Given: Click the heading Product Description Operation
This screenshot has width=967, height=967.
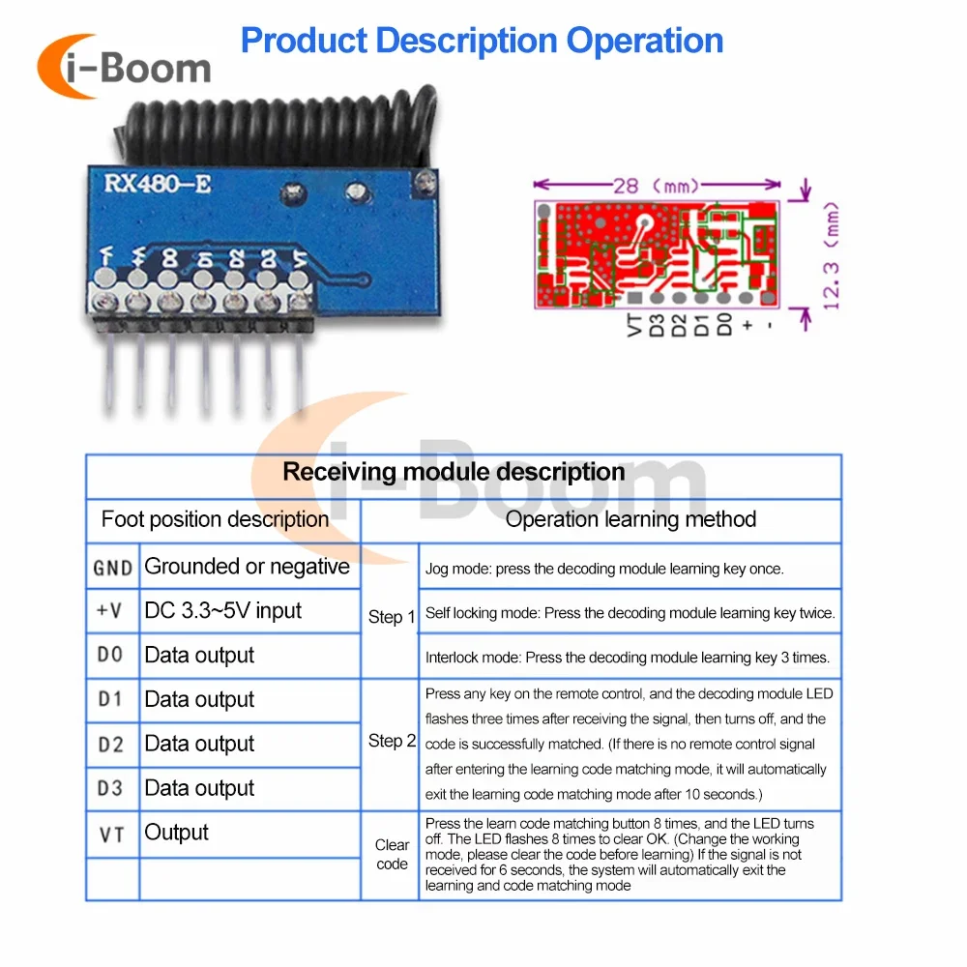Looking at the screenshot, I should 482,41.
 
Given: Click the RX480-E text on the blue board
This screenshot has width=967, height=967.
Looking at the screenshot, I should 150,181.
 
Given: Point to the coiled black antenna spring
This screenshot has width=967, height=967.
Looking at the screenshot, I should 280,126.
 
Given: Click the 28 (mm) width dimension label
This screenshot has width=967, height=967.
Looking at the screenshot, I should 657,185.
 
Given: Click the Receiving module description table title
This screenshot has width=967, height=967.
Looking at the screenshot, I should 454,472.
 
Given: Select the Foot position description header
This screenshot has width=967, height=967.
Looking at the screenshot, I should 215,519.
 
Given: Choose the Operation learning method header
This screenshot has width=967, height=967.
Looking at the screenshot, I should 630,519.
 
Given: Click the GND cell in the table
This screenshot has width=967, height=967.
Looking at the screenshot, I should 112,568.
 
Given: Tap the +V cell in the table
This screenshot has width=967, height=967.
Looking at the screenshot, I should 111,611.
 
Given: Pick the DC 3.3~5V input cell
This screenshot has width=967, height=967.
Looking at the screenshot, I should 223,611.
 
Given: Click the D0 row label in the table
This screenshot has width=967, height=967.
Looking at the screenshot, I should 111,656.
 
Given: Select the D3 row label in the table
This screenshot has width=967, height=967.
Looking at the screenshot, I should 111,789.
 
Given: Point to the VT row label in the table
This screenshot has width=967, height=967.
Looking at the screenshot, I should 111,834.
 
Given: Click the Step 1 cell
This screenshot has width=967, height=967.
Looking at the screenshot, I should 392,617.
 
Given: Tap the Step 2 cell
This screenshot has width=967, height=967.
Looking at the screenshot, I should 392,742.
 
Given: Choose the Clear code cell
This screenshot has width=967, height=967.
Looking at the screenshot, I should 392,855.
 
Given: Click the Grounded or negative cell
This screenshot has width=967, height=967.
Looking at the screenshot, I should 247,567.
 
